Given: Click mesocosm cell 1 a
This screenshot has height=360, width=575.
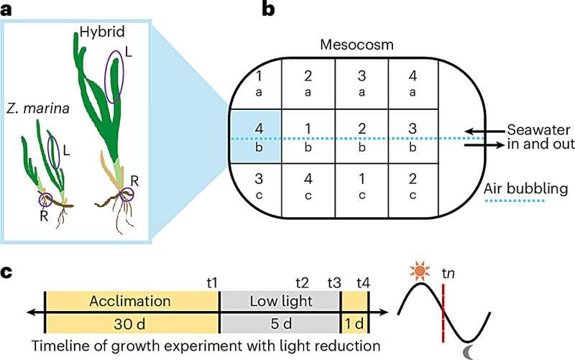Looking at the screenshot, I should point(256,83).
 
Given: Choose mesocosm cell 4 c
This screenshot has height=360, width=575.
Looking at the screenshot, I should point(308,191).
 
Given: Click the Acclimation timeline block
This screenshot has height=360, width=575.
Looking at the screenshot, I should point(132,301).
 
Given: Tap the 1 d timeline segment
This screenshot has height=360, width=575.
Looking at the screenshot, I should point(354,321).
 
